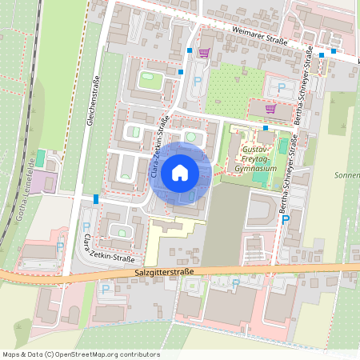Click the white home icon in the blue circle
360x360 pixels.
tap(179, 171)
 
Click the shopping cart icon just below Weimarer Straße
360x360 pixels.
tap(204, 53)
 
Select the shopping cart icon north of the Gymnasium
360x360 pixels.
tap(270, 108)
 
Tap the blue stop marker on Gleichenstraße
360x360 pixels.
tap(96, 198)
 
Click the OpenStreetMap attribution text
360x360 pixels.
tap(81, 354)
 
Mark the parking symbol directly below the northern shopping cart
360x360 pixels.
tap(198, 80)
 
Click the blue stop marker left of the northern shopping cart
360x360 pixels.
tap(190, 50)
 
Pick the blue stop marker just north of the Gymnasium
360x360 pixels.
tap(265, 128)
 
